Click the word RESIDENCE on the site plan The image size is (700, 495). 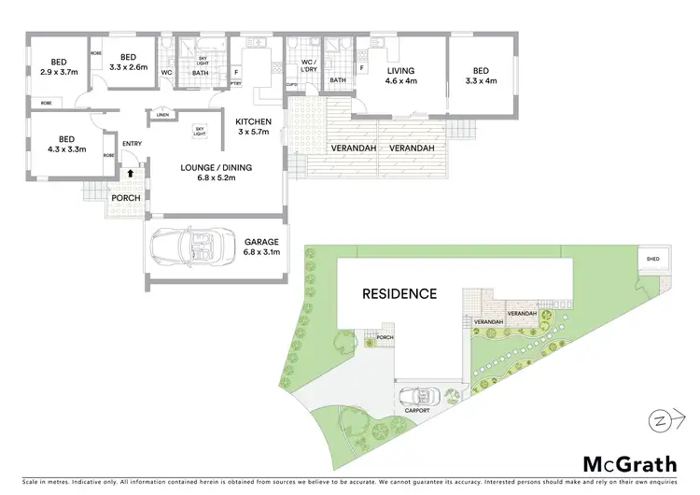pyautogui.click(x=399, y=293)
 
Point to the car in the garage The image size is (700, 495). pyautogui.click(x=191, y=247)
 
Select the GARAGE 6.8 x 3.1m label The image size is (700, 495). pyautogui.click(x=260, y=247)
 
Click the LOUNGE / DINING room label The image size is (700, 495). pyautogui.click(x=216, y=173)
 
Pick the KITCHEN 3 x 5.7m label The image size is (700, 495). pyautogui.click(x=253, y=127)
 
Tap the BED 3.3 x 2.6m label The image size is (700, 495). pyautogui.click(x=128, y=62)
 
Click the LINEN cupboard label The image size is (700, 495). pyautogui.click(x=162, y=116)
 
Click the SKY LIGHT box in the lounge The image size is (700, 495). pyautogui.click(x=199, y=131)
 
